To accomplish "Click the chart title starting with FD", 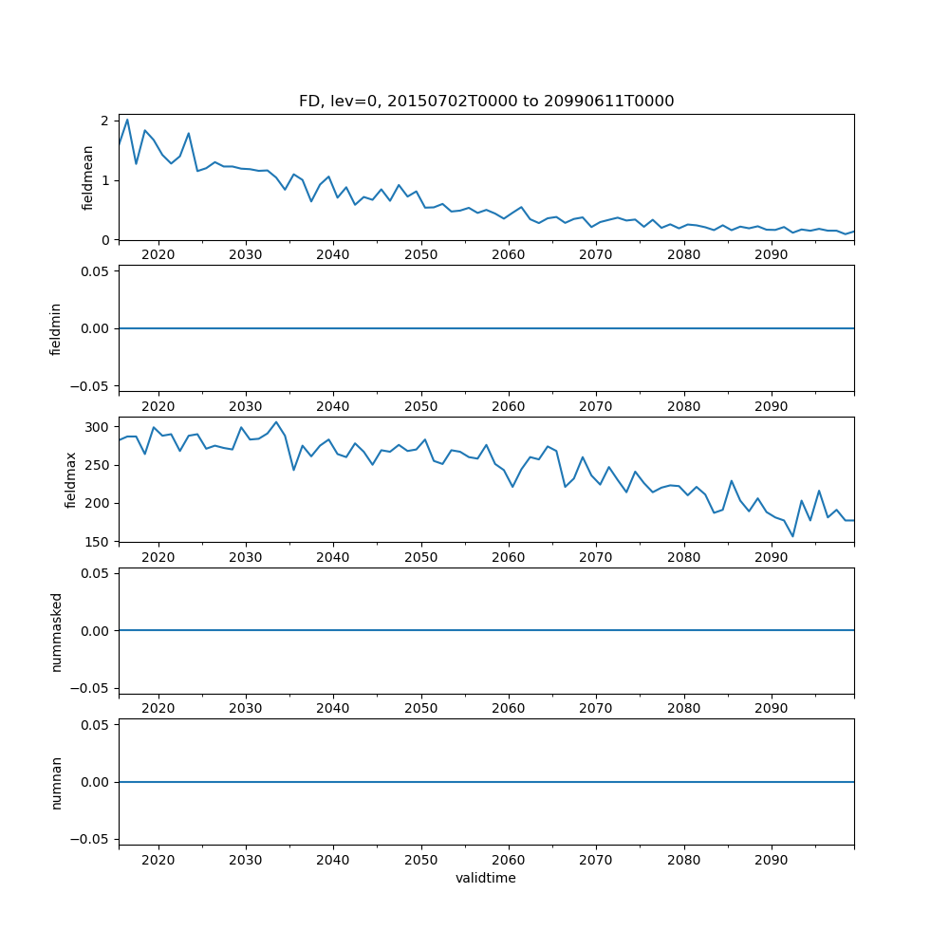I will tap(486, 102).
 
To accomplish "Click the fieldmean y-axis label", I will tap(88, 177).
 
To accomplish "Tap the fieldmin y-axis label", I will tap(56, 328).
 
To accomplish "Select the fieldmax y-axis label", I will tap(71, 479).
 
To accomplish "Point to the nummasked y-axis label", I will tap(56, 631).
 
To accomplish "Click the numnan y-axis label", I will tap(56, 782).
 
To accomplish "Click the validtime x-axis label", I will tap(486, 879).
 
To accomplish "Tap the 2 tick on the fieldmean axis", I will tap(105, 121).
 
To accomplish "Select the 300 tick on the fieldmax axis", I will tap(96, 427).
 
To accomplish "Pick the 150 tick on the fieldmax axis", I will tap(96, 541).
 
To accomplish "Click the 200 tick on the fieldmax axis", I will tap(96, 503).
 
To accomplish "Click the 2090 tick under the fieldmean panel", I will tap(771, 254).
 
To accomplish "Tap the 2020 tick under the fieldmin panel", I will tap(158, 405).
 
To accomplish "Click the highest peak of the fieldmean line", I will tap(127, 119).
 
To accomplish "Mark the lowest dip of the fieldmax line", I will tap(792, 536).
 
